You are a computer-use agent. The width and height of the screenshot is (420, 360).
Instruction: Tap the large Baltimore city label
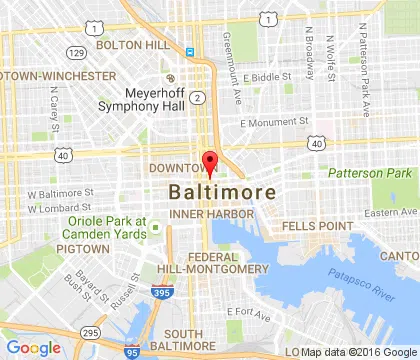(x=216, y=191)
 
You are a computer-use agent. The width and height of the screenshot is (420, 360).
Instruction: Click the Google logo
(x=33, y=347)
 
